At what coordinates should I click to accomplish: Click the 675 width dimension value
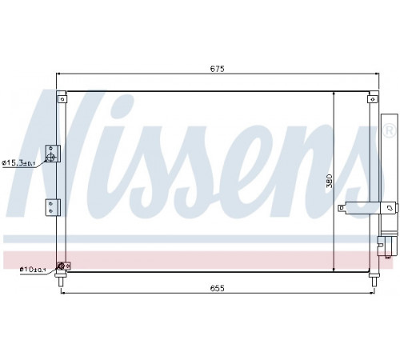click(218, 69)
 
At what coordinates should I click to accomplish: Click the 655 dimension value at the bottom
click(218, 288)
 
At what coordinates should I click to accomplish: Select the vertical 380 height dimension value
click(330, 181)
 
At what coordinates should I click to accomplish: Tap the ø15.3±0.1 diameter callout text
click(18, 162)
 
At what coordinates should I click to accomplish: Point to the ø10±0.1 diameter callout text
click(33, 270)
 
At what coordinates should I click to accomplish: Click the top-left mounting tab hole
click(62, 99)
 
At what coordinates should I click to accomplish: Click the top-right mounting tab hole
click(373, 99)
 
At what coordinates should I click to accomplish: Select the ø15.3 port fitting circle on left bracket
click(50, 157)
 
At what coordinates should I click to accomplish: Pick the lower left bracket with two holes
click(53, 207)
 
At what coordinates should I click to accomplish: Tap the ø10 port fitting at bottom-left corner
click(62, 266)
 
